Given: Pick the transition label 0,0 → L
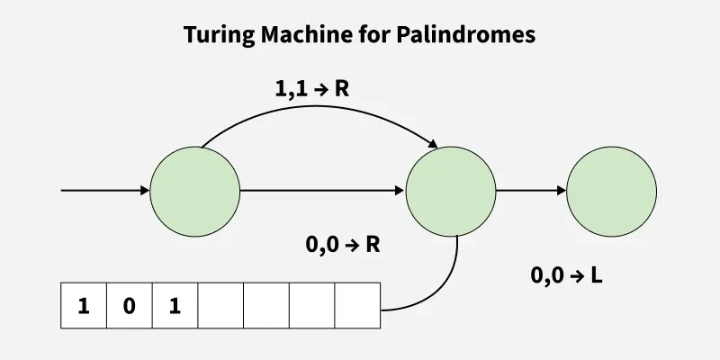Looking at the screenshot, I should pyautogui.click(x=567, y=276).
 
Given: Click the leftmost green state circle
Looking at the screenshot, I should pyautogui.click(x=195, y=191).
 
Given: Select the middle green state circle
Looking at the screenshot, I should pyautogui.click(x=451, y=191).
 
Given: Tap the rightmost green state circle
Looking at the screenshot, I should pyautogui.click(x=612, y=191).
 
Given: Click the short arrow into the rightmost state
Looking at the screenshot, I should pyautogui.click(x=531, y=191).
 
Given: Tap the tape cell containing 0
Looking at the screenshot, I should pyautogui.click(x=130, y=305).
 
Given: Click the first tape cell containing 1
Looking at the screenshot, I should pyautogui.click(x=84, y=305).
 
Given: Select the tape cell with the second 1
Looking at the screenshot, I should pyautogui.click(x=175, y=305).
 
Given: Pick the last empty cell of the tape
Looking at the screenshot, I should pyautogui.click(x=358, y=305).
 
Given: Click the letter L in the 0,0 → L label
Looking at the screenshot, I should pyautogui.click(x=595, y=276).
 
